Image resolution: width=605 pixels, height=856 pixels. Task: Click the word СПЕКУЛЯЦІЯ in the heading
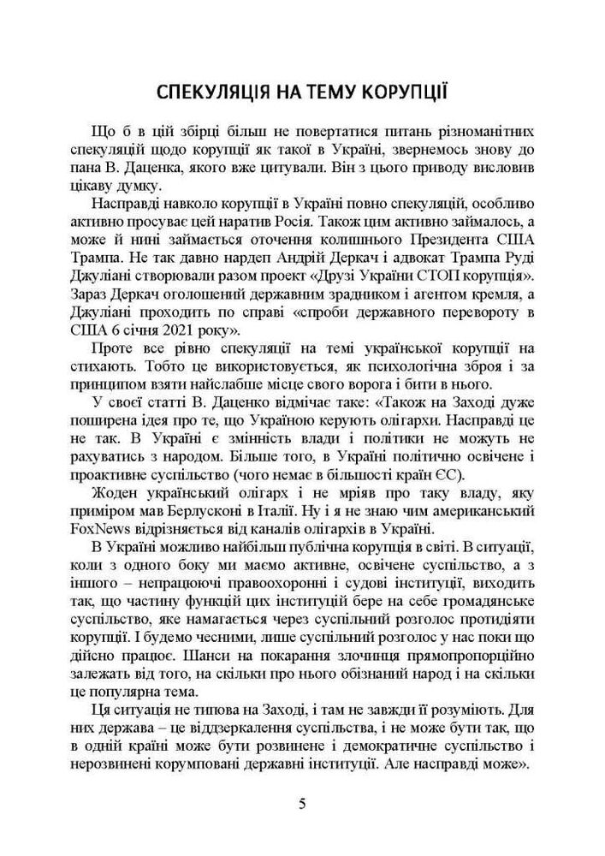pyautogui.click(x=210, y=92)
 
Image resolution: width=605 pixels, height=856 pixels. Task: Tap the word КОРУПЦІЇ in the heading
pyautogui.click(x=404, y=92)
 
